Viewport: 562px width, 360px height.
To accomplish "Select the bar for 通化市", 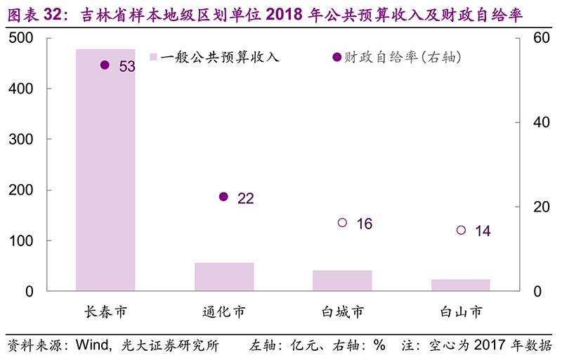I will (x=224, y=276).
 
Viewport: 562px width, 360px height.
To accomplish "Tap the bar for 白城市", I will (x=342, y=280).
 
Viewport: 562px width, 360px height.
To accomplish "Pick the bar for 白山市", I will (x=461, y=285).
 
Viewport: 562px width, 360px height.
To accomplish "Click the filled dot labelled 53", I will (x=105, y=65).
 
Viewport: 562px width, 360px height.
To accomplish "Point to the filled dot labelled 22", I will (x=223, y=197).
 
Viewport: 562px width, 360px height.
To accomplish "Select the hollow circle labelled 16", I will (x=342, y=222).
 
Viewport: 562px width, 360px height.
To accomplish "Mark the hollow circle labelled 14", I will (x=461, y=230).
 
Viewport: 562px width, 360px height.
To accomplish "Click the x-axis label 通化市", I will (x=224, y=311).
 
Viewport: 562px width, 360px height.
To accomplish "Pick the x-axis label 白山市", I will (x=461, y=311).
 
